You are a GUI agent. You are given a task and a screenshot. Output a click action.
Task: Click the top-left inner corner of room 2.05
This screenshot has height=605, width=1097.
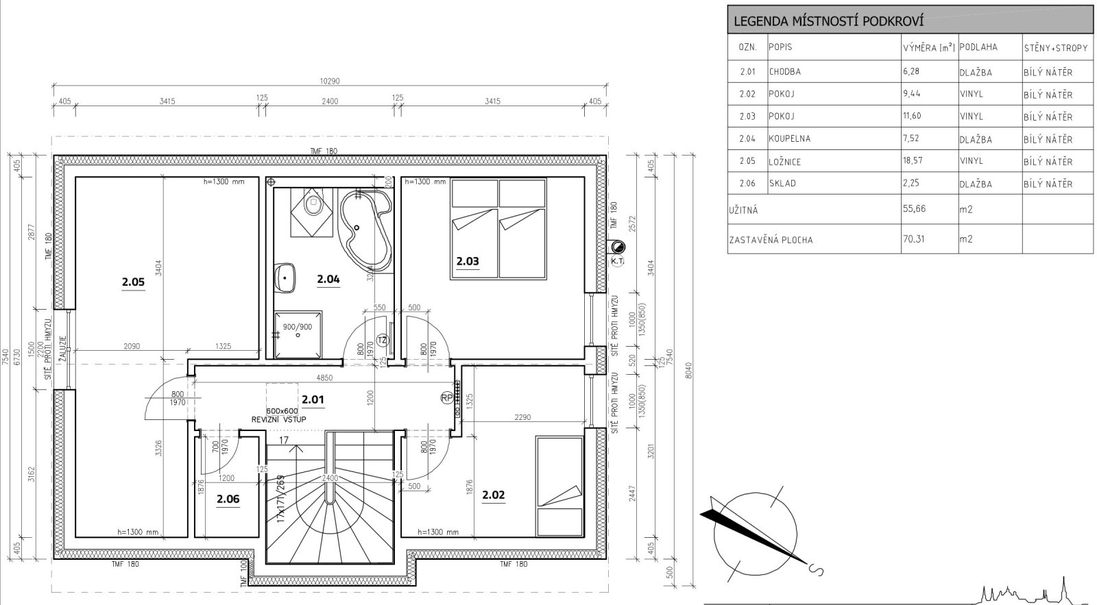76,177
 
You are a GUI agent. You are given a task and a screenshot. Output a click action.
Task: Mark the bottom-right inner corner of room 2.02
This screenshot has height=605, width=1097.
584,537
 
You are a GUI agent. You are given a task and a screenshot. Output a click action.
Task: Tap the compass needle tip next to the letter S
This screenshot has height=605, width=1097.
806,563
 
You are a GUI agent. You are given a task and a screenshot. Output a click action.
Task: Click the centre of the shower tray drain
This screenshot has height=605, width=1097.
298,335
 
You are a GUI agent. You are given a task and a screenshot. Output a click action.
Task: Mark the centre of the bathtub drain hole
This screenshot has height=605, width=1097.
357,227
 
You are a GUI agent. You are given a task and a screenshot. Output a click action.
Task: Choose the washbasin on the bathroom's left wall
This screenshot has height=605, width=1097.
285,278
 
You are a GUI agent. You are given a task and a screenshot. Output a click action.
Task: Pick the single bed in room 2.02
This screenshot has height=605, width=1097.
559,486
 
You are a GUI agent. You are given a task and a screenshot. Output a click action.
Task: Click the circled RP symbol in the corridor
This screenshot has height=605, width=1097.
446,398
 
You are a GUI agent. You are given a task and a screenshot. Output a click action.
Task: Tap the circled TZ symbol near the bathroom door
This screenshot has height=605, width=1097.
383,340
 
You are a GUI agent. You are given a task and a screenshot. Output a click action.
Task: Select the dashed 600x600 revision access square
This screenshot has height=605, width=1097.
282,399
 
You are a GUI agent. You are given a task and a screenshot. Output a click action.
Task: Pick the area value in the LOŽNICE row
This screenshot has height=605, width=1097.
911,160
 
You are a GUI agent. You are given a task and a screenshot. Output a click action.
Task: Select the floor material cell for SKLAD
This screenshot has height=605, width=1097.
976,184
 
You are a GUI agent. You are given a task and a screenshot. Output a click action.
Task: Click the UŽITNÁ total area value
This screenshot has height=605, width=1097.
915,208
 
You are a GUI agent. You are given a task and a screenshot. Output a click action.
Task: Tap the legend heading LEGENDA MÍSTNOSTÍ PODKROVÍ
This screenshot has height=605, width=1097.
829,21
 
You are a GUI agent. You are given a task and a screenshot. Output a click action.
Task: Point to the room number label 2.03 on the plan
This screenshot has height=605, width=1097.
468,261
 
